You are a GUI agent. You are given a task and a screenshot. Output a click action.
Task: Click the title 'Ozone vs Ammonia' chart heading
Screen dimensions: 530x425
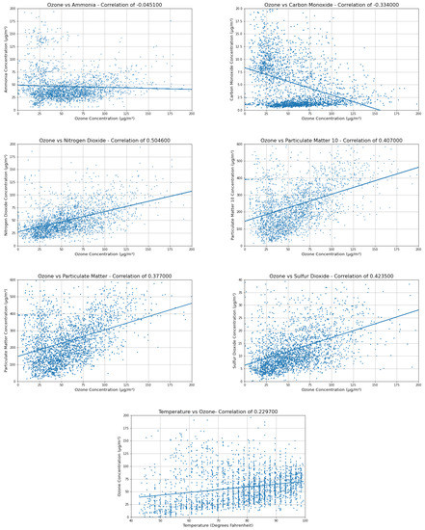coord(105,5)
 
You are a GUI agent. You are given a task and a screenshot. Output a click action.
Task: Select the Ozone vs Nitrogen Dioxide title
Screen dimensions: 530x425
coord(105,141)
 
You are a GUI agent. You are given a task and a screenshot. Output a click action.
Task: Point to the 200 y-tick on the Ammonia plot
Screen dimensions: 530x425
coord(13,10)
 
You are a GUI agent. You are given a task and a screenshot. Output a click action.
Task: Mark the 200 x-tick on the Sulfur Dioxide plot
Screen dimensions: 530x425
coord(418,384)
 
